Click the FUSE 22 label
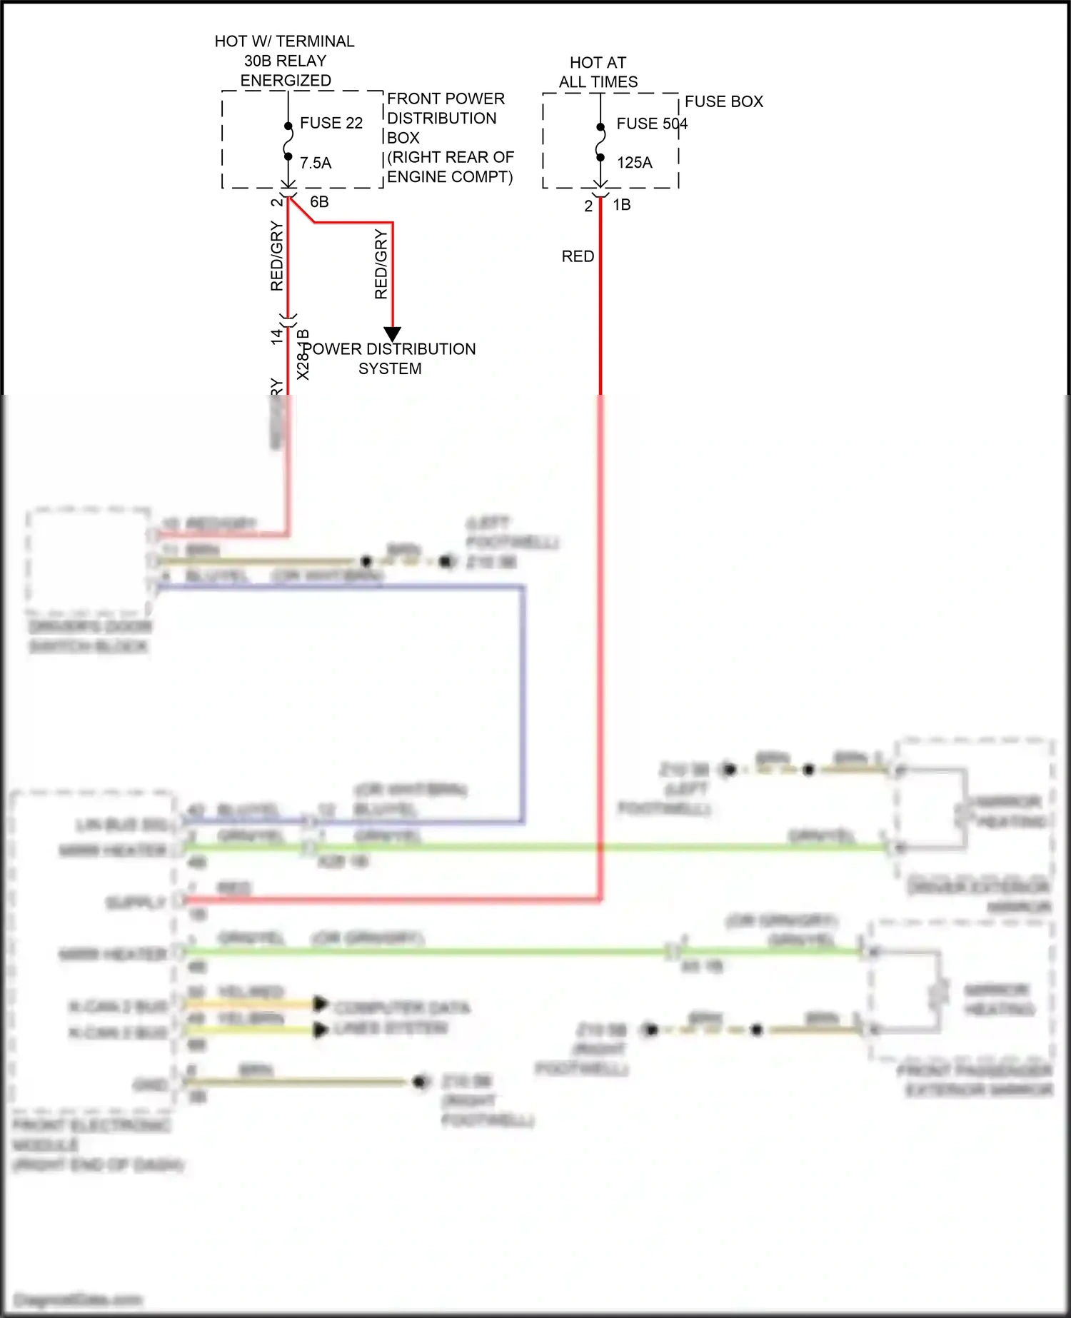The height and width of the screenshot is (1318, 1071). point(331,123)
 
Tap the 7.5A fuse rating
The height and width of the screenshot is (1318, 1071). point(316,163)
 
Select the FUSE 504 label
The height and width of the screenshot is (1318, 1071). point(651,124)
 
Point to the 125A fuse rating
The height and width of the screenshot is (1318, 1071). point(634,163)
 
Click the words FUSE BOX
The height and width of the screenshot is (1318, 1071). point(723,101)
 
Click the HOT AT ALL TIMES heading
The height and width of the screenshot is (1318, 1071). point(598,72)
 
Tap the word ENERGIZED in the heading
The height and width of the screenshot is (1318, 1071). point(286,81)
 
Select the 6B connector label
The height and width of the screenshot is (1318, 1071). point(319,202)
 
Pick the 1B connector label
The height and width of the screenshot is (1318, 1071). point(621,205)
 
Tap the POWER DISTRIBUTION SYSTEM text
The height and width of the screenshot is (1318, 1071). point(390,358)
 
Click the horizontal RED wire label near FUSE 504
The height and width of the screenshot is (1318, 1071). point(578,256)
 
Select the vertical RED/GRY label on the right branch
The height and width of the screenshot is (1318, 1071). point(381,264)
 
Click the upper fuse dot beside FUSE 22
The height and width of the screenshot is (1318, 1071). point(288,126)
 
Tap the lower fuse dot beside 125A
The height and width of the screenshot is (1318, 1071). point(600,158)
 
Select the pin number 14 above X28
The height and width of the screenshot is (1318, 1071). point(277,336)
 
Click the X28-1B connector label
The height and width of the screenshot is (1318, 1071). point(303,354)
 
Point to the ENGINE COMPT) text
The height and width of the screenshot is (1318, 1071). point(449,176)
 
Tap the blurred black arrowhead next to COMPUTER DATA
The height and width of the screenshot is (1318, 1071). point(321,1005)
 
